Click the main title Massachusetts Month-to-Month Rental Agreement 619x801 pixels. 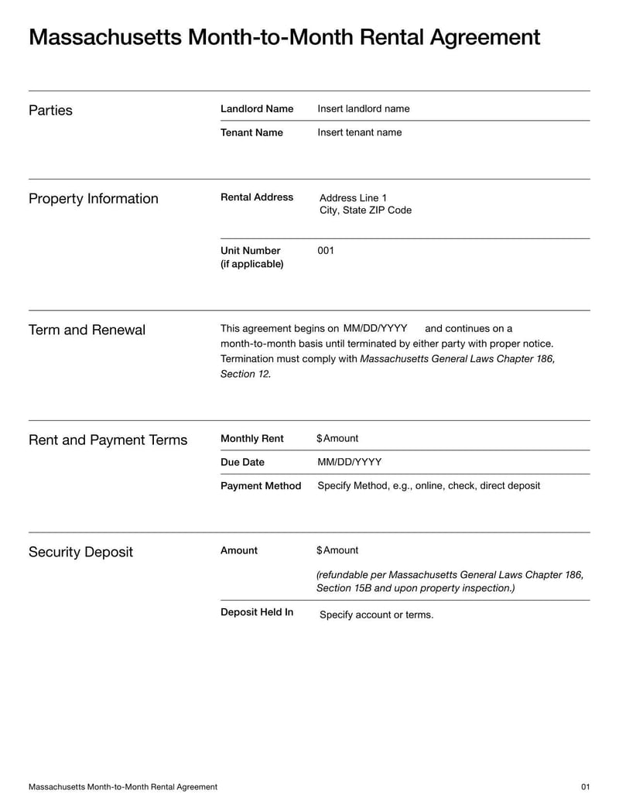coord(284,37)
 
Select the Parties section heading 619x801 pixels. coord(50,110)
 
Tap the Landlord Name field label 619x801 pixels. coord(257,109)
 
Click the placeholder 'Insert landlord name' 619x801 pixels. coord(364,109)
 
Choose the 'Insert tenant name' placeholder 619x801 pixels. coord(360,132)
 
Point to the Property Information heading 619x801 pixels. coord(93,199)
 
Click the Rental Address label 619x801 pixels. coord(257,197)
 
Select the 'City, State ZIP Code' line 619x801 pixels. coord(365,211)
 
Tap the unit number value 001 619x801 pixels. coord(326,251)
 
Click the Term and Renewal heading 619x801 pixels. coord(87,330)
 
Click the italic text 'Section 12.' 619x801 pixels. coord(246,374)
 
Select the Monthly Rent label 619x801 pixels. coord(252,439)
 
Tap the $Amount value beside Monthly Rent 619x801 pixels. coord(337,439)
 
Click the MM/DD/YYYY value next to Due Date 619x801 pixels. coord(350,462)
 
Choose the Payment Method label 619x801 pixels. coord(261,486)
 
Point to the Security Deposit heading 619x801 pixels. coord(80,553)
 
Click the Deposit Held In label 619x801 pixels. coord(257,612)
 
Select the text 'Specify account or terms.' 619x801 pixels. coord(377,615)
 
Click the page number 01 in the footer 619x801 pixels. coord(585,787)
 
